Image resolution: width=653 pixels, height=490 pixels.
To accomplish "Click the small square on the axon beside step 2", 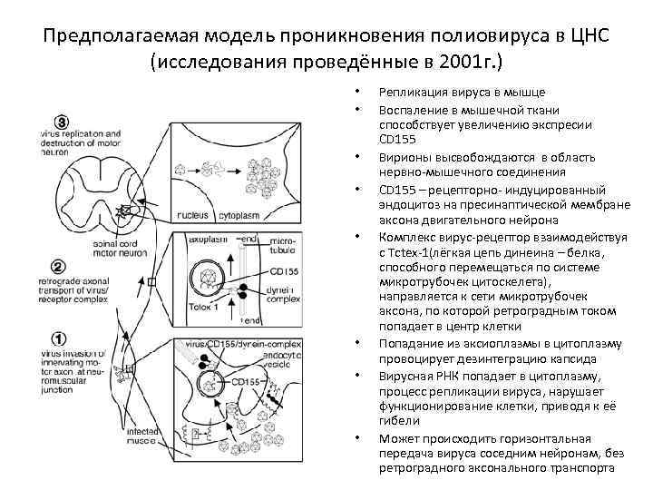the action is click(152, 282).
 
